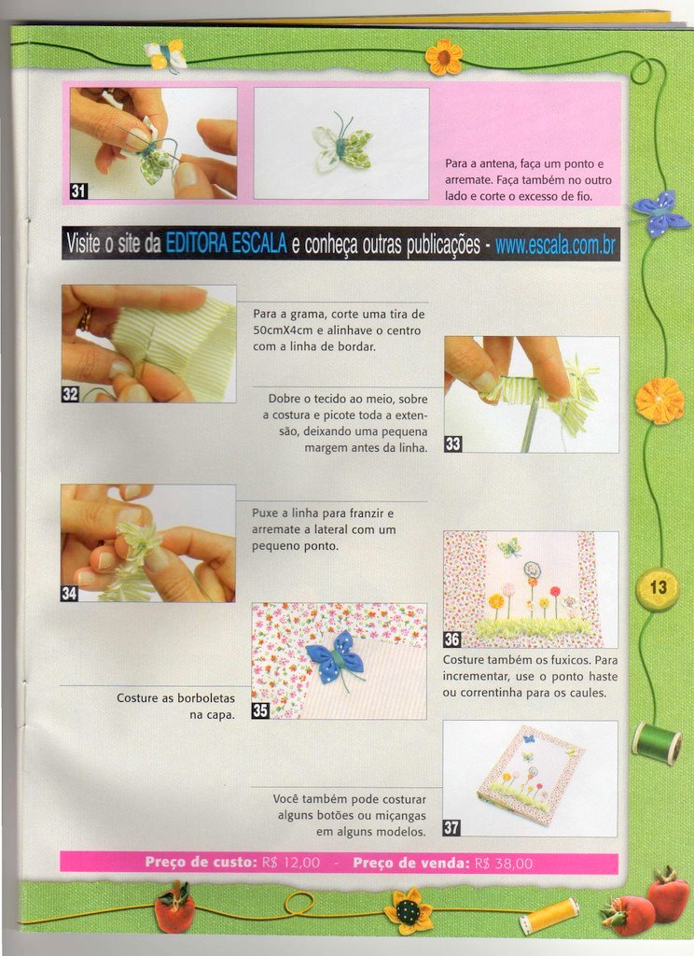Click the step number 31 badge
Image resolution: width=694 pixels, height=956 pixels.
click(78, 190)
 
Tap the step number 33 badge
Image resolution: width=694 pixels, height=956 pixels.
click(452, 443)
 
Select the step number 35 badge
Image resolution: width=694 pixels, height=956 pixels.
click(260, 710)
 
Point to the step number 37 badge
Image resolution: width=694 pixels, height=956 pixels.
click(451, 827)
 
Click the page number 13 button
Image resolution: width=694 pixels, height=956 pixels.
click(657, 589)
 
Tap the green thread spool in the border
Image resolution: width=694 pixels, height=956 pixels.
click(658, 742)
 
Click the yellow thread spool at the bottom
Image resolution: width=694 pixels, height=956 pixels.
click(549, 916)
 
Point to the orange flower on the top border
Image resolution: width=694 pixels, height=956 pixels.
click(444, 58)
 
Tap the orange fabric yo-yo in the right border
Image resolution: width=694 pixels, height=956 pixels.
click(660, 401)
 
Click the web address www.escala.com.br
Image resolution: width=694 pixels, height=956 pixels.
click(555, 246)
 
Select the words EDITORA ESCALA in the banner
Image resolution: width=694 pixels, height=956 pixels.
click(226, 244)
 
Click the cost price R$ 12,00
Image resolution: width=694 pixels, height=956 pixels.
click(291, 863)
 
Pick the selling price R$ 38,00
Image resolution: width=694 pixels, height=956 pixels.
click(504, 864)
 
